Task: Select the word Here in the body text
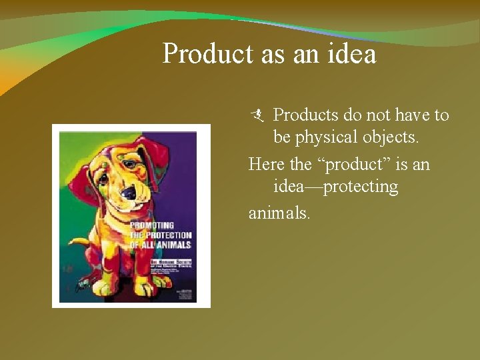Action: tap(266, 163)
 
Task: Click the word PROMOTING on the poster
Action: tap(152, 225)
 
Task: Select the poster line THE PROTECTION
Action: tap(160, 235)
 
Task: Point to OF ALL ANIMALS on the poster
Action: tap(160, 245)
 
